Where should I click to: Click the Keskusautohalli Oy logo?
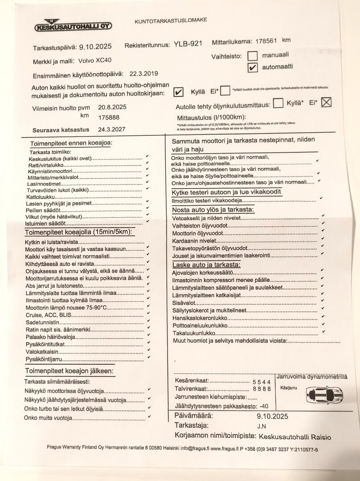pyautogui.click(x=73, y=25)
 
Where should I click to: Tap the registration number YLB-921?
pyautogui.click(x=188, y=44)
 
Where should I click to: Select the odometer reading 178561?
pyautogui.click(x=266, y=41)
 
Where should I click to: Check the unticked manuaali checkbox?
pyautogui.click(x=253, y=56)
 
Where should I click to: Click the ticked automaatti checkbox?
pyautogui.click(x=252, y=67)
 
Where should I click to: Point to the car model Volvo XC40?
pyautogui.click(x=95, y=61)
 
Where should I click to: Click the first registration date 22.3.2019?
pyautogui.click(x=143, y=74)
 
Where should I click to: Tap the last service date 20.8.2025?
pyautogui.click(x=113, y=107)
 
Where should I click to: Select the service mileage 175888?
pyautogui.click(x=109, y=118)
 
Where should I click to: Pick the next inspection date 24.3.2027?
pyautogui.click(x=112, y=129)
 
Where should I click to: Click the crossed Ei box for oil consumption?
pyautogui.click(x=327, y=102)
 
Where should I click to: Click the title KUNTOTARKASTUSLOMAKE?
pyautogui.click(x=171, y=20)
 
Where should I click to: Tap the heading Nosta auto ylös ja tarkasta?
pyautogui.click(x=213, y=209)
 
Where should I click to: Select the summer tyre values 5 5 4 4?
pyautogui.click(x=262, y=382)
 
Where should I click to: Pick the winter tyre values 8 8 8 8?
pyautogui.click(x=262, y=389)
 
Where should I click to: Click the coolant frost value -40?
pyautogui.click(x=264, y=406)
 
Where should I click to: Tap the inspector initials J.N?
pyautogui.click(x=262, y=426)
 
